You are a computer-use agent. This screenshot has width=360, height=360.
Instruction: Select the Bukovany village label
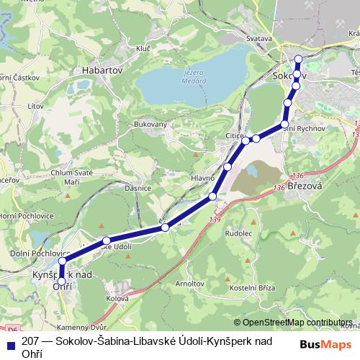(150, 125)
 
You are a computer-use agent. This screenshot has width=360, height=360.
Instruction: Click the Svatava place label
(257, 38)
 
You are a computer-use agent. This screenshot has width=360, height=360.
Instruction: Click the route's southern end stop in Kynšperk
(61, 282)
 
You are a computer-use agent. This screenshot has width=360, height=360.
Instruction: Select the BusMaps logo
(325, 344)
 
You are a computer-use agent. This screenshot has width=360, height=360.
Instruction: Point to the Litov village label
(35, 106)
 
